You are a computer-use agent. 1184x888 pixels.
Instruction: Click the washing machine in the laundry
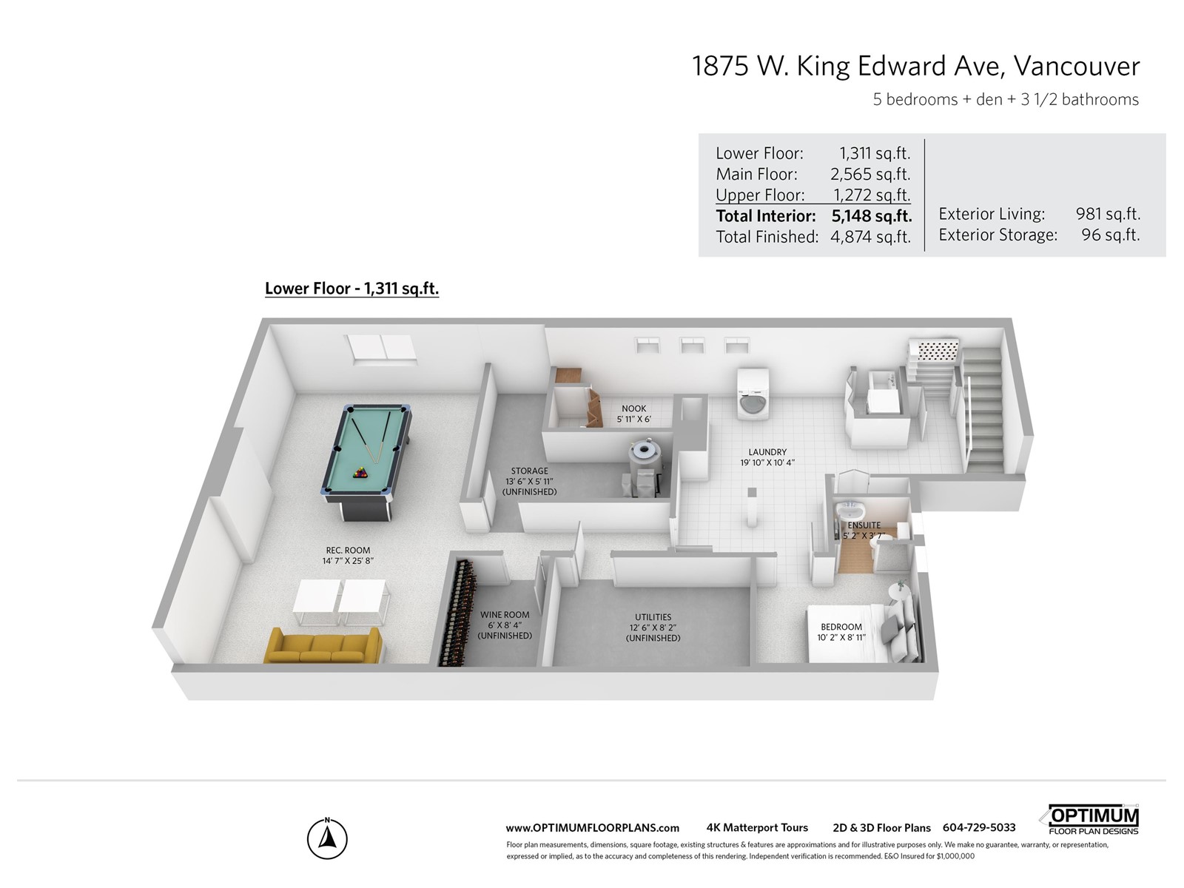753,394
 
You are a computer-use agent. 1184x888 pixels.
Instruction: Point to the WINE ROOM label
505,615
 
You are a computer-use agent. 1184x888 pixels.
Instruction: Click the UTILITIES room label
653,617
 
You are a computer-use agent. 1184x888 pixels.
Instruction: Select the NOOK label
633,408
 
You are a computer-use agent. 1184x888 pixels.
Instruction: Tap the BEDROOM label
841,627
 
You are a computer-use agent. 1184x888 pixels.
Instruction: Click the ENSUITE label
864,525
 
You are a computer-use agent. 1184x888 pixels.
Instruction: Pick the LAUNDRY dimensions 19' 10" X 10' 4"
767,462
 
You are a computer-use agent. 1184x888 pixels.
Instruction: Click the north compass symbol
327,838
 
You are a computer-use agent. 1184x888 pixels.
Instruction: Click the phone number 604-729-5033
979,827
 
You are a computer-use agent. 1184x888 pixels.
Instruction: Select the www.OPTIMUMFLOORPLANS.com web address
592,828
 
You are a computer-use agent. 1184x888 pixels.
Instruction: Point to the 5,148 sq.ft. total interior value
871,215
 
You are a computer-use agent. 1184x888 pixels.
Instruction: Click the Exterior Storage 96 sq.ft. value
1111,235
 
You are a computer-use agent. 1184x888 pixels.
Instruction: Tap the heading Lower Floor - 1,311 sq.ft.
351,289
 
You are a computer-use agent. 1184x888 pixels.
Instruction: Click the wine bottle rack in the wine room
458,613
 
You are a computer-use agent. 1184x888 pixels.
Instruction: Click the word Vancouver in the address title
1077,67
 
